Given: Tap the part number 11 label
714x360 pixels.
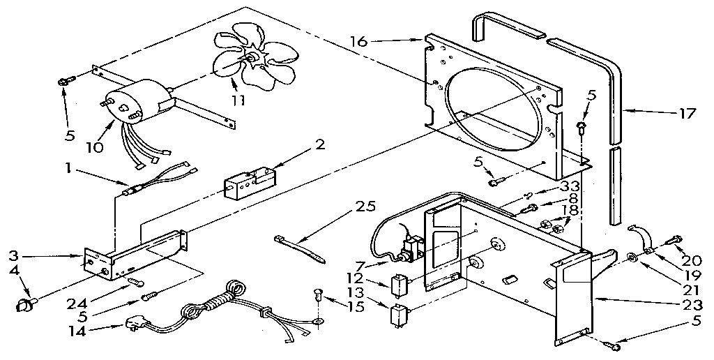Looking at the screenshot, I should [238, 100].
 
